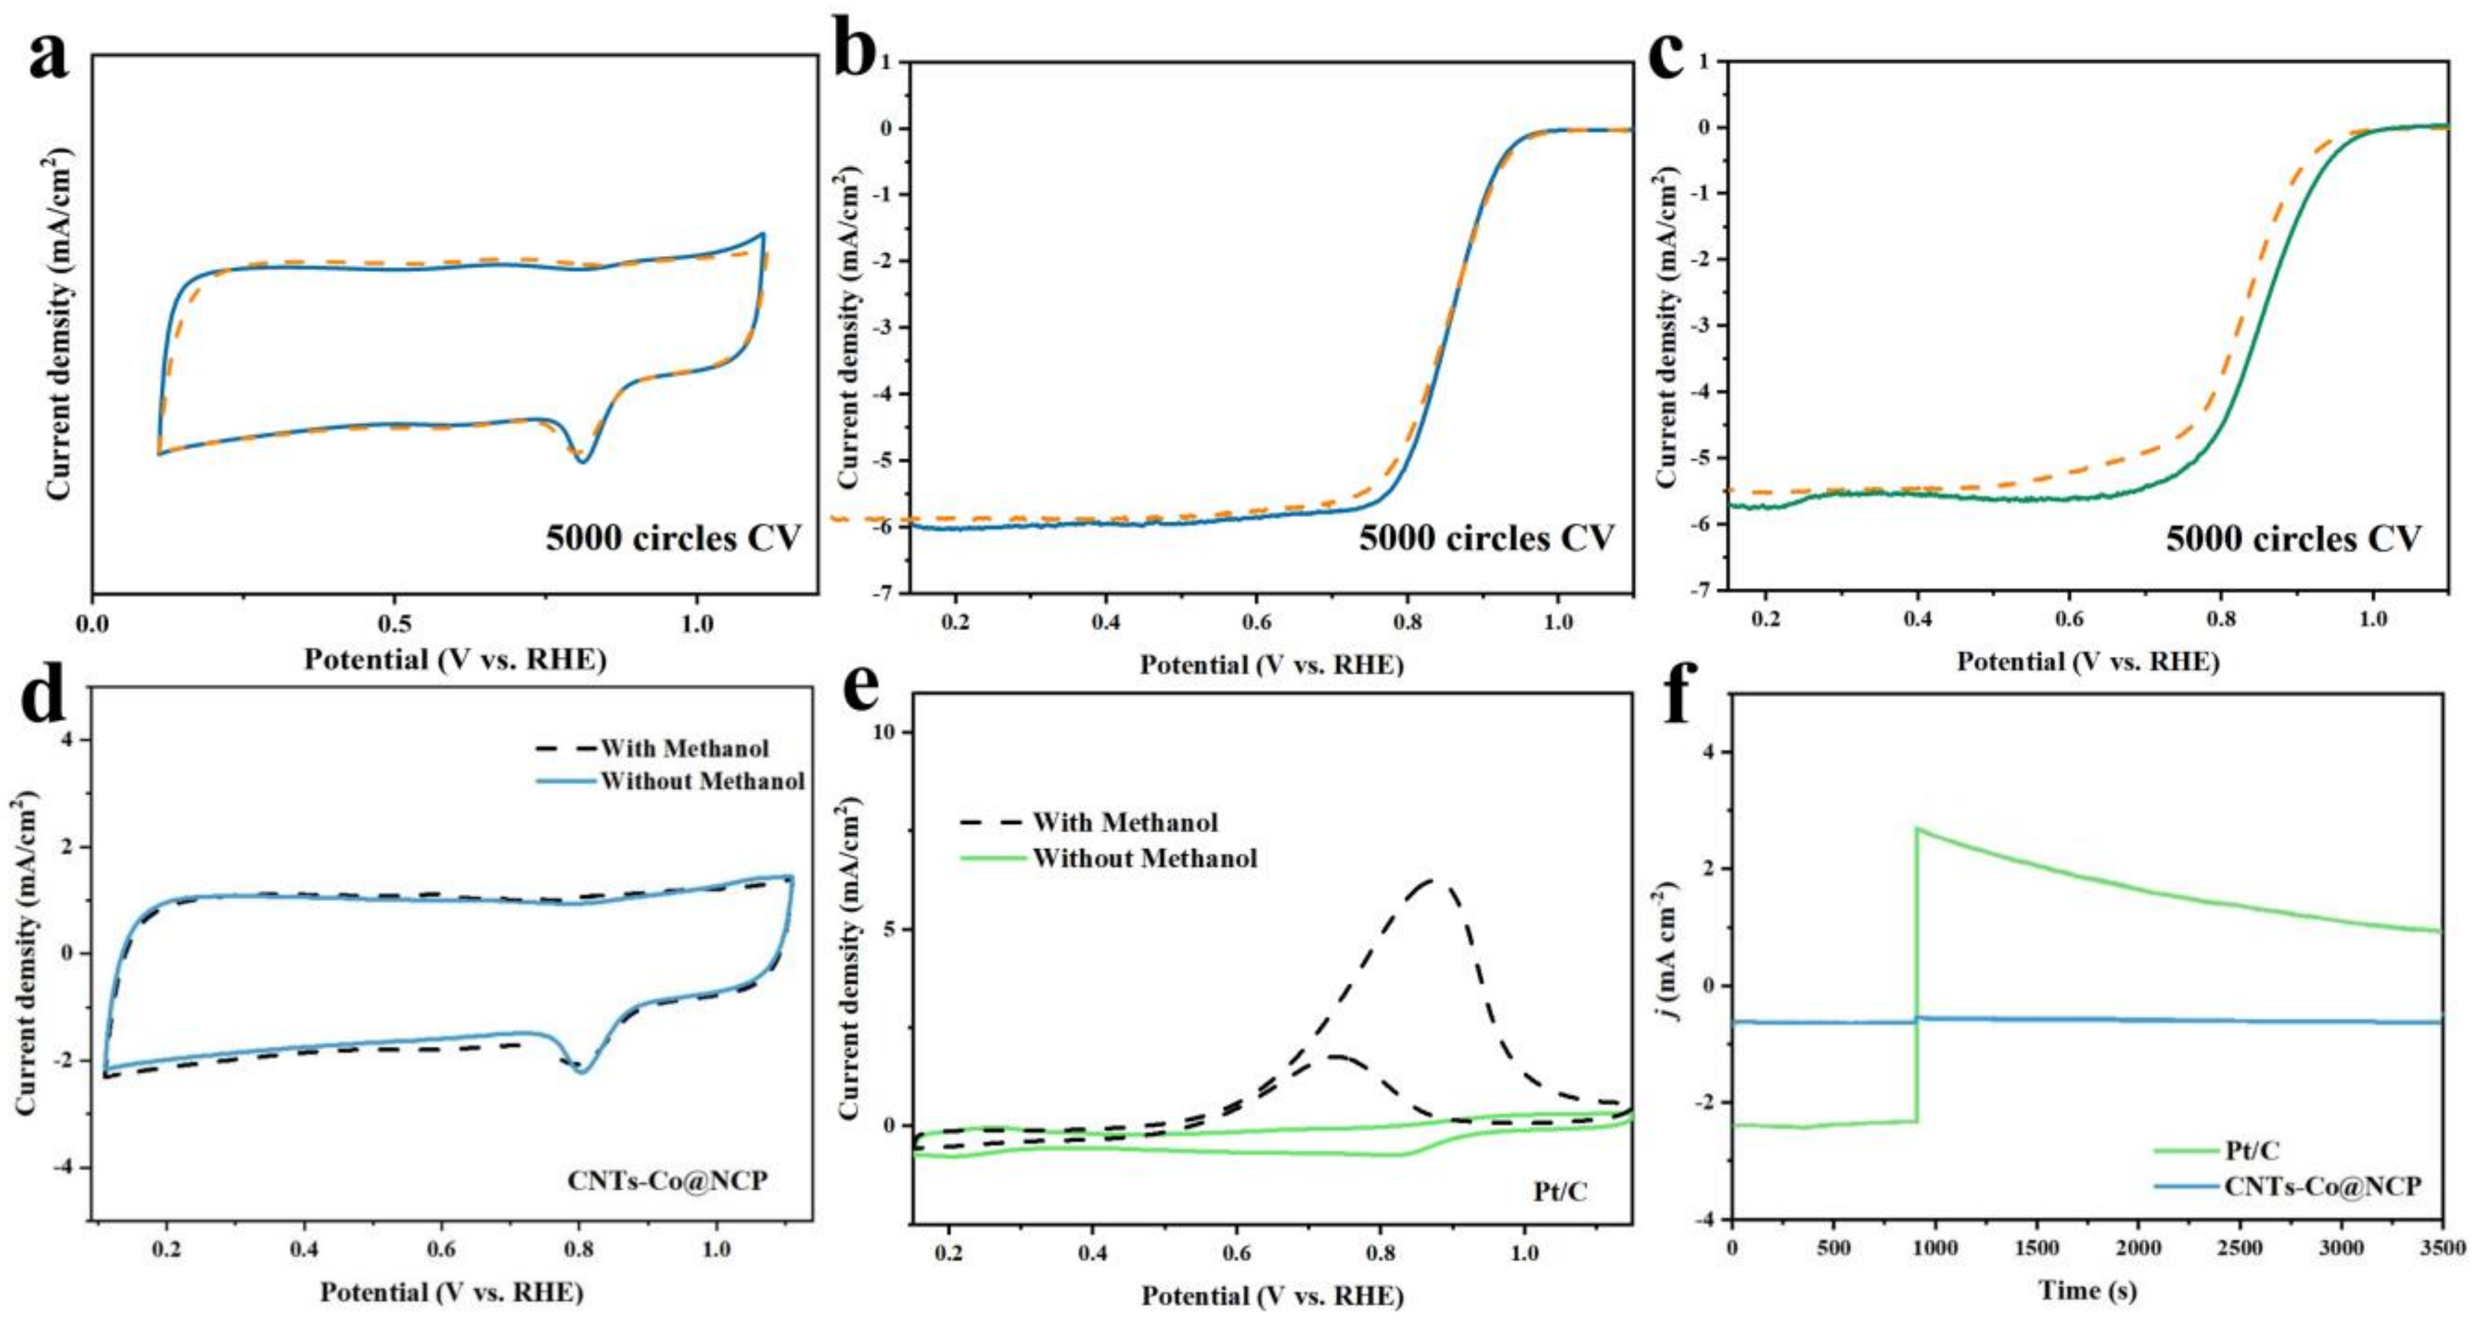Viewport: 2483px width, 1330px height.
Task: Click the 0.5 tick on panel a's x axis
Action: [393, 625]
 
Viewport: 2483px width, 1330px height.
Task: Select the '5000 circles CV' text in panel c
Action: [2293, 538]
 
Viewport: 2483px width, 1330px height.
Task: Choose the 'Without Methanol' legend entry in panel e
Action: [1144, 858]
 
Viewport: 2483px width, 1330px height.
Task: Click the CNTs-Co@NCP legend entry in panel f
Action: [2322, 1185]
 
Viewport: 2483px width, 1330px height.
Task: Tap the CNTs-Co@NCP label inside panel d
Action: [667, 1180]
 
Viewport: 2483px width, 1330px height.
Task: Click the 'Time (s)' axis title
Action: [2087, 1290]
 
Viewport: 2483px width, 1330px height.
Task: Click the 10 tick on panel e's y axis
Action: [885, 732]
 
